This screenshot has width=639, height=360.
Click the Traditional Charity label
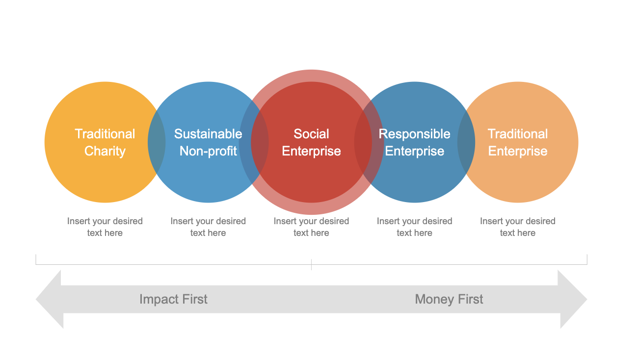coord(105,142)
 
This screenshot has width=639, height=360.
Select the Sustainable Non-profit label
coord(208,142)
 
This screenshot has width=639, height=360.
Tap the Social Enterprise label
coord(311,142)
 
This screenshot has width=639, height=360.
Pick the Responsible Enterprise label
coord(415,142)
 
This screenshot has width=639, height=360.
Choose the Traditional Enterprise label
coord(518,142)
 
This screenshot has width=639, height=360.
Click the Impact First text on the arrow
coord(173,299)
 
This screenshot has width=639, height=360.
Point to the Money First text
coord(449,299)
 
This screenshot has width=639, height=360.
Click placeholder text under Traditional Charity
coord(105,227)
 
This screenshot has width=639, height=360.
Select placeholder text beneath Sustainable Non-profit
coord(208,227)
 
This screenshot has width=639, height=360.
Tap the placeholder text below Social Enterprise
coord(311,227)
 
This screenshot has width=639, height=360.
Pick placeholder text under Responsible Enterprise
coord(415,227)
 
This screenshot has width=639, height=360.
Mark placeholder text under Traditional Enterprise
coord(518,227)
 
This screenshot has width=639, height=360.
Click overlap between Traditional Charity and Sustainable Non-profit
coord(157,142)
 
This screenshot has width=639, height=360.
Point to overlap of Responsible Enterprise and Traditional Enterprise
coord(466,142)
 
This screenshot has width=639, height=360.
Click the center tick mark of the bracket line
coord(311,265)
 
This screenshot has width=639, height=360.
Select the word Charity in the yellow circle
coord(105,151)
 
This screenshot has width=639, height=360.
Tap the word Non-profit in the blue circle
coord(208,151)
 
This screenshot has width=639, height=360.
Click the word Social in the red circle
coord(311,134)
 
